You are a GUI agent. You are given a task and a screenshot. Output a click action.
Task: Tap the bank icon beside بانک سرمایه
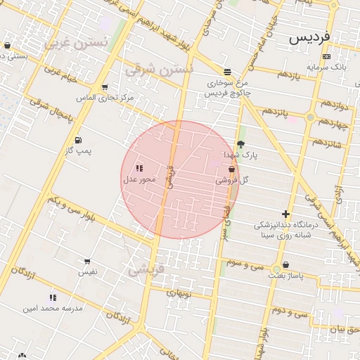point(326,56)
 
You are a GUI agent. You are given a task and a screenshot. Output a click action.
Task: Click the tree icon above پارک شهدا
point(242,144)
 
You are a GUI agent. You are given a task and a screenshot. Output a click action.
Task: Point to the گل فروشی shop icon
point(232,169)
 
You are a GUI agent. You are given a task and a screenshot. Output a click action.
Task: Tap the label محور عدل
point(139,179)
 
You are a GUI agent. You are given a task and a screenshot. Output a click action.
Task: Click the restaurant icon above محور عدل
point(139,168)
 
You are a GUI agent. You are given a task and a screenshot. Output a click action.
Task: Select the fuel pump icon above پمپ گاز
point(78,140)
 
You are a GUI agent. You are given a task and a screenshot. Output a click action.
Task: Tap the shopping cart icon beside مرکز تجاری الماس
point(105,88)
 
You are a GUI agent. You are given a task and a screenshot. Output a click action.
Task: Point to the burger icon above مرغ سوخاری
point(226,72)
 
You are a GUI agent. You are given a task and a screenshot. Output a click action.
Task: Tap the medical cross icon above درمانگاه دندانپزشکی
point(285,214)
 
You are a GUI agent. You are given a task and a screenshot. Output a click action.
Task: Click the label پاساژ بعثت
point(285,276)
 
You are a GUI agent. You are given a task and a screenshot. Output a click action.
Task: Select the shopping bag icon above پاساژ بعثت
point(285,266)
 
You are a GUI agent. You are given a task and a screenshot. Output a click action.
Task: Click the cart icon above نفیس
point(87,261)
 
